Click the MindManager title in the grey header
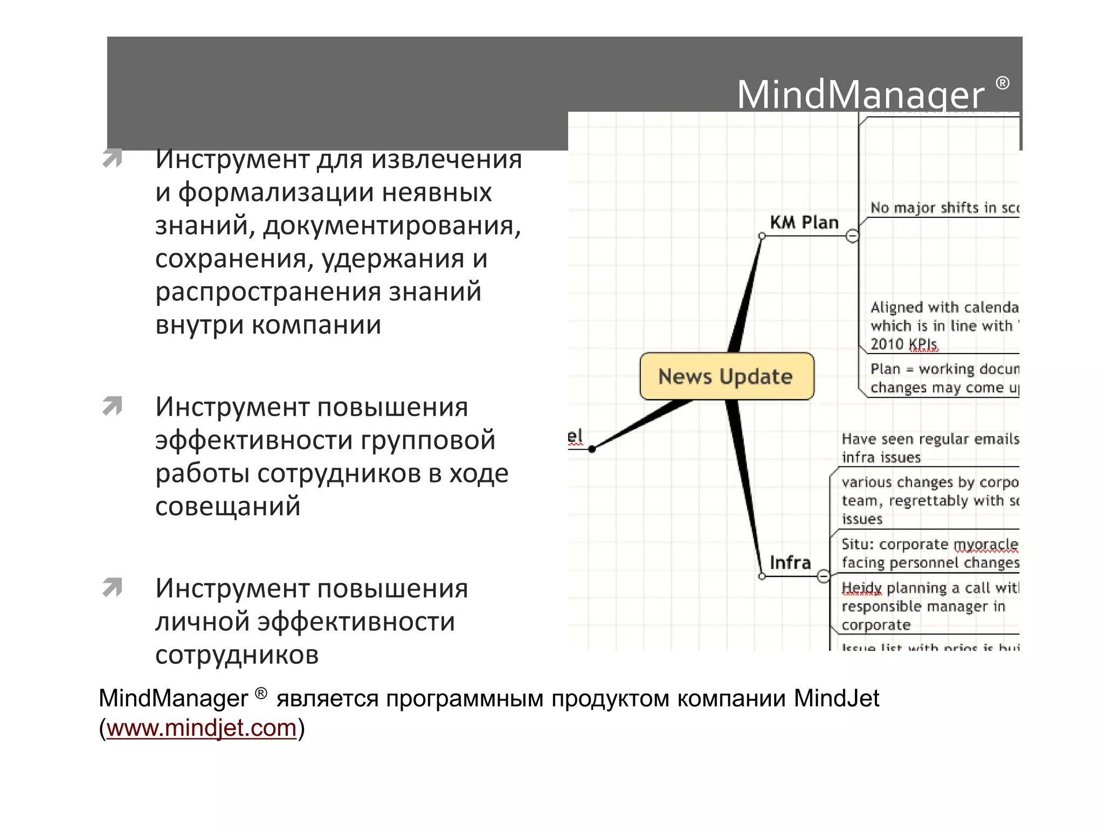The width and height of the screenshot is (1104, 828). [860, 95]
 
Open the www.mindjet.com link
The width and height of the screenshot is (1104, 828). [201, 728]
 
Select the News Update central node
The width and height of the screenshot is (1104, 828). [726, 376]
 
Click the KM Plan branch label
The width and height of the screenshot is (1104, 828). [804, 223]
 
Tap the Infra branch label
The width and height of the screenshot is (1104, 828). [790, 563]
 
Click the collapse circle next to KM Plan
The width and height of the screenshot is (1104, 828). [852, 236]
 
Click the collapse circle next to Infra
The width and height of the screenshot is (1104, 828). [823, 576]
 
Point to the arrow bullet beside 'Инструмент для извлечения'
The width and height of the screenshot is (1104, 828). [112, 158]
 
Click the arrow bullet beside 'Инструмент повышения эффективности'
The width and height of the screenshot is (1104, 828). [112, 406]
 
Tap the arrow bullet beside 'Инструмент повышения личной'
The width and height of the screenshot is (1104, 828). [112, 588]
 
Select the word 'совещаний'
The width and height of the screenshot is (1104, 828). [227, 507]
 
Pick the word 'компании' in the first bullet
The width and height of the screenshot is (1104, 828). [316, 325]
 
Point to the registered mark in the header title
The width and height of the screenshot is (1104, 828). [1002, 83]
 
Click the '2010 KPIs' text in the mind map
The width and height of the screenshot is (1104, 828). [904, 344]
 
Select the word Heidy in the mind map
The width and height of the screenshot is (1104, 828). [861, 588]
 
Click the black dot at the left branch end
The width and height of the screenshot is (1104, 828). [592, 449]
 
